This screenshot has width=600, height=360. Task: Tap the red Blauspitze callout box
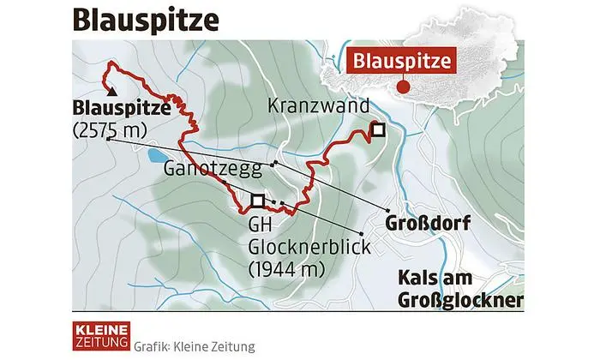tap(400, 62)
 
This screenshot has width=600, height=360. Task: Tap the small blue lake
tap(157, 156)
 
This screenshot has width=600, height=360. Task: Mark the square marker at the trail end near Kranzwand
tap(377, 130)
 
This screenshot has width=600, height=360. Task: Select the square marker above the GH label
tap(257, 201)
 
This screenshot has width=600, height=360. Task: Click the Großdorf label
tap(419, 227)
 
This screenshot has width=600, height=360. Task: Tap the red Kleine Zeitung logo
tap(99, 335)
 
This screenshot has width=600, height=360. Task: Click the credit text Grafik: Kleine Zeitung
tap(195, 346)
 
